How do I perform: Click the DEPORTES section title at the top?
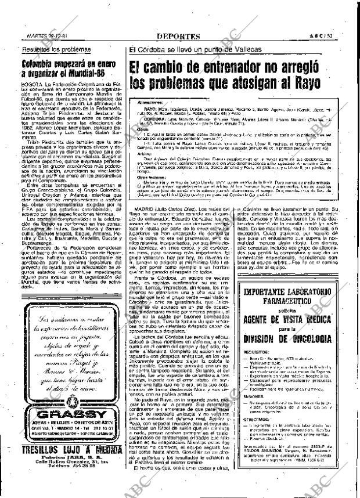click(x=178, y=36)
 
